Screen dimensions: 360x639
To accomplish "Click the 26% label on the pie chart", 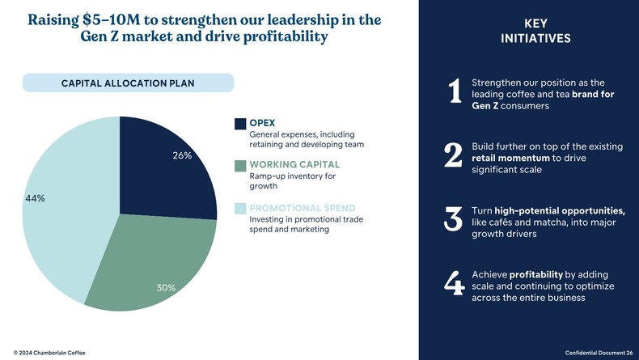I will coord(182,155).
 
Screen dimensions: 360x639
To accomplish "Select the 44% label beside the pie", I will coord(35,198).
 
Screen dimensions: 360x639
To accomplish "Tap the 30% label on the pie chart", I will coord(166,287).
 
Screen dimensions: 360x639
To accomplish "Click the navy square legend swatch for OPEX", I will coord(240,124).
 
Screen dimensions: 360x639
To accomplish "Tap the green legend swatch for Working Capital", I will coord(240,166).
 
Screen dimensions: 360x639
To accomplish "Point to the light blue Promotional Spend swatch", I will coord(240,209).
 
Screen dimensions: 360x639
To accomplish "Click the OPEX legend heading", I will coord(262,123).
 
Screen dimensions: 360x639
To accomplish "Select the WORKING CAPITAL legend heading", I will coord(290,165).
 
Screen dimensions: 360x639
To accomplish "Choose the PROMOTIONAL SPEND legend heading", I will coord(302,208).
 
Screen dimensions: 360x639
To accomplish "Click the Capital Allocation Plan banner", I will coord(128,83).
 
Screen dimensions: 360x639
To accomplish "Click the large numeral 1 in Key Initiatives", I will coord(454,93).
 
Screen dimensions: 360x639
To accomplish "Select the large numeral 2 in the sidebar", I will coord(454,157).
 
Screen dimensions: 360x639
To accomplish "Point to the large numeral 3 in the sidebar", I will coord(454,220).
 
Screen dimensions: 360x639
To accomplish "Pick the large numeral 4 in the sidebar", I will coord(454,285).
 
